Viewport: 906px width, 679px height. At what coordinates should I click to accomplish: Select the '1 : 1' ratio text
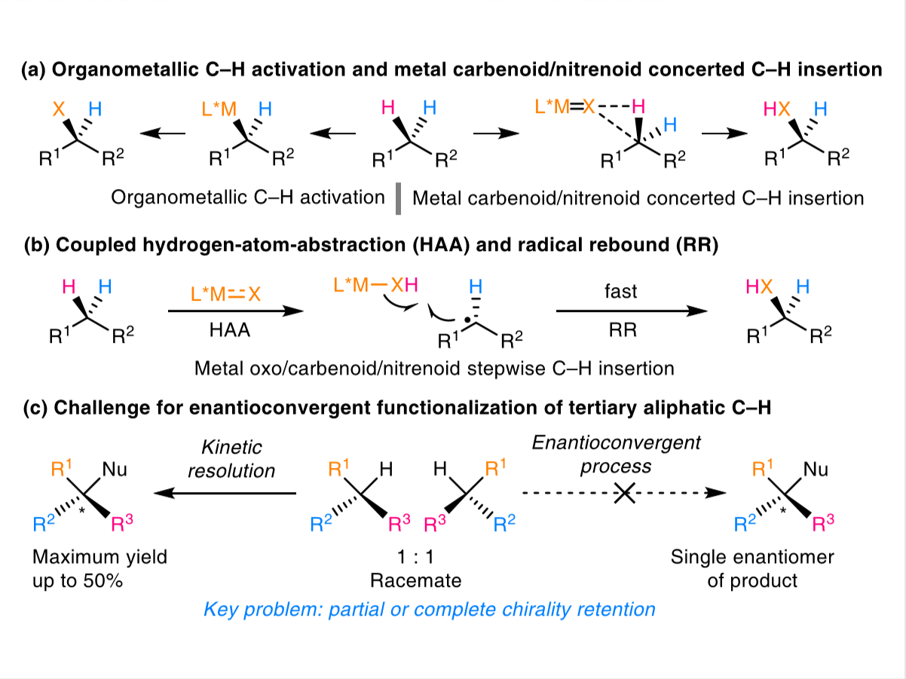415,558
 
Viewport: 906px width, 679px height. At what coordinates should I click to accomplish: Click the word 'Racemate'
415,580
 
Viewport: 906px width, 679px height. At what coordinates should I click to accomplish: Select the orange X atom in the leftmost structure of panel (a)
58,109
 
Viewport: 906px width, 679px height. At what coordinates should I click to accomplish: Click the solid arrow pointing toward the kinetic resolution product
226,493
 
